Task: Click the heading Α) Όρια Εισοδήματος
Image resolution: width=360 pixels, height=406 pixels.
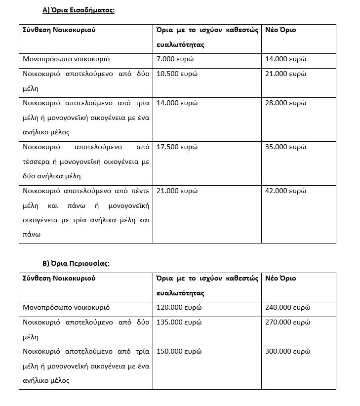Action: tap(79, 10)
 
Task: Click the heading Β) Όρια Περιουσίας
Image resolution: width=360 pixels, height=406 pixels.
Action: tap(76, 263)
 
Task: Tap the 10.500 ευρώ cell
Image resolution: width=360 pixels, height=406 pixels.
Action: tap(177, 74)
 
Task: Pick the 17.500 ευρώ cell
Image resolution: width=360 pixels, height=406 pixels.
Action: tap(177, 147)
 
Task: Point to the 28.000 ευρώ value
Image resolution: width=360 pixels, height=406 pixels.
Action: tap(286, 103)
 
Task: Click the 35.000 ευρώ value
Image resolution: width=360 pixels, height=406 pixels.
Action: tap(286, 147)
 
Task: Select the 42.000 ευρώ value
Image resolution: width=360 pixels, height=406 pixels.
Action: tap(286, 191)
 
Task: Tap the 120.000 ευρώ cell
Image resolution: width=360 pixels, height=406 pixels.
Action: tap(179, 308)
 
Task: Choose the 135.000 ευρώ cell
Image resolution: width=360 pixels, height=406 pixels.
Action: tap(179, 323)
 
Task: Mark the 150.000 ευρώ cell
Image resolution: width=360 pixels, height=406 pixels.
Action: tap(179, 352)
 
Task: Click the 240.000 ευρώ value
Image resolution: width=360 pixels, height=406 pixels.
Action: tap(288, 308)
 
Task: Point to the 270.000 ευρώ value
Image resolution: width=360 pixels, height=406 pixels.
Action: tap(288, 323)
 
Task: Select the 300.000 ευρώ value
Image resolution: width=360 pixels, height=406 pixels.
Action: tap(288, 352)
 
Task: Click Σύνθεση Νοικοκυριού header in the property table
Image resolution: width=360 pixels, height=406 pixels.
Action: tap(59, 279)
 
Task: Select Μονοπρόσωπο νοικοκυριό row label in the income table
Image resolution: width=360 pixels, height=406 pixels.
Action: tap(66, 59)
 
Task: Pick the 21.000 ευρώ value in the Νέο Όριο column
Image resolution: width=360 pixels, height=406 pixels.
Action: tap(286, 74)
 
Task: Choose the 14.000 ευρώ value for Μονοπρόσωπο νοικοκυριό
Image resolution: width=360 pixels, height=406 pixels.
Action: tap(286, 59)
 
